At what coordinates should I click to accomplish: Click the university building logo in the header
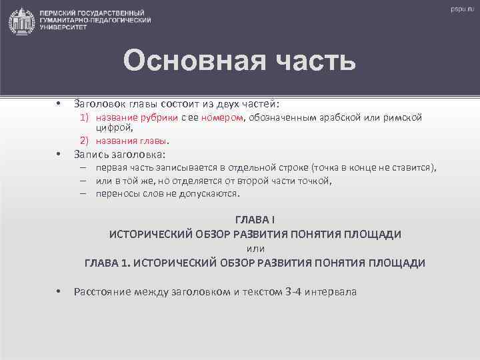coord(22,21)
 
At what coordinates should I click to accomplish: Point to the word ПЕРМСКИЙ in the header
coord(60,13)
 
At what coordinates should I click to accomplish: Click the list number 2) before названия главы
coord(85,141)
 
